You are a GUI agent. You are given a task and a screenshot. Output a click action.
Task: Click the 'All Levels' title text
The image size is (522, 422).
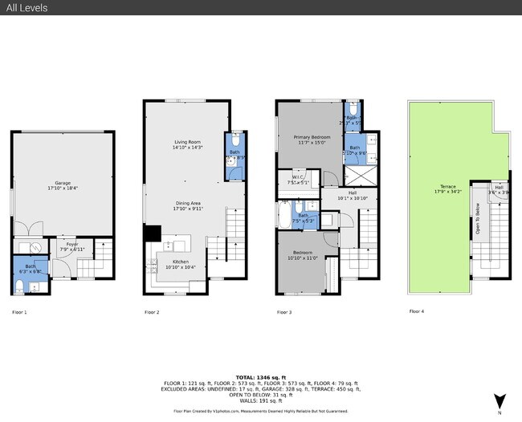[x=26, y=8]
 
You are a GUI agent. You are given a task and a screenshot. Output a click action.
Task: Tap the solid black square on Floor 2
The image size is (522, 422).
[x=151, y=233]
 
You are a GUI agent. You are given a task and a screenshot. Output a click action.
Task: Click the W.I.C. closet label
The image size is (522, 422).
[x=297, y=180]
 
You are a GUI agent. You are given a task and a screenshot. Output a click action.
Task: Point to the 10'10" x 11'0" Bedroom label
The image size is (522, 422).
[x=303, y=255]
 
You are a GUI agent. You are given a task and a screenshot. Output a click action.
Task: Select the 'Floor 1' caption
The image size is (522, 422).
[x=20, y=311]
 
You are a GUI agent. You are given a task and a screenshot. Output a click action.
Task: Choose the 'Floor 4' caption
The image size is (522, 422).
[x=417, y=311]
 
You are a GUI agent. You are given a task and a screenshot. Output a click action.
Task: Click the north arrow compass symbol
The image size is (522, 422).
[x=500, y=400]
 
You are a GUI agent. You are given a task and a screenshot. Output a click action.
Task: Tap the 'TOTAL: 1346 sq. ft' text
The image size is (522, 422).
[x=261, y=376]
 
